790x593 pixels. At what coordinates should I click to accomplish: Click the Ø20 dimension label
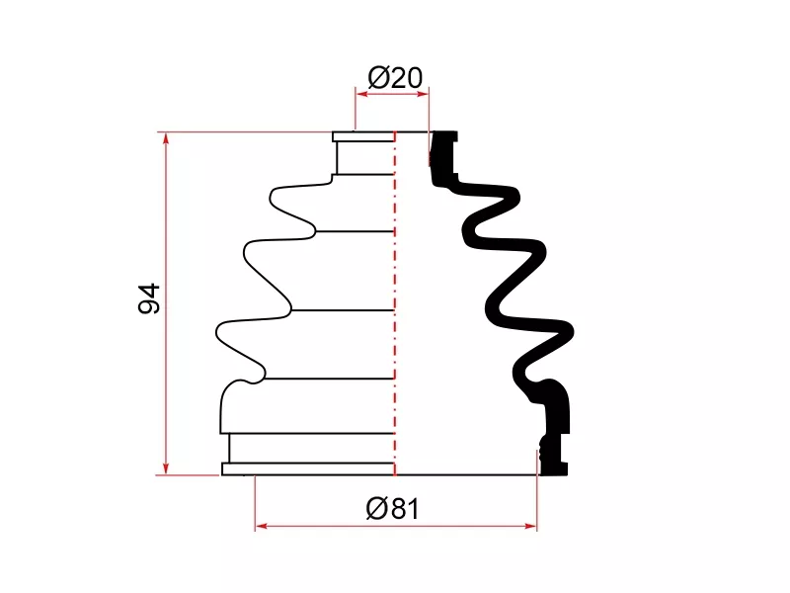[x=395, y=78]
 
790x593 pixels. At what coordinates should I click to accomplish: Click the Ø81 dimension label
[x=392, y=508]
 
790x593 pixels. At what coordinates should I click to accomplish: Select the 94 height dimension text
[x=149, y=298]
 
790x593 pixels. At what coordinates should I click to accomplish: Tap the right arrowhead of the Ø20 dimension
[x=423, y=93]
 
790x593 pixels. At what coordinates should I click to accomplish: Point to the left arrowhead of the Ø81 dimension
[x=262, y=527]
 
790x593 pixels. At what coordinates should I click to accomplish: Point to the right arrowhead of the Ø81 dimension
[x=530, y=527]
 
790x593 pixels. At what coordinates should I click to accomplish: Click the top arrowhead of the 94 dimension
[x=166, y=138]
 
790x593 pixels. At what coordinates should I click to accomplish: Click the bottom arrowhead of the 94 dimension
[x=166, y=468]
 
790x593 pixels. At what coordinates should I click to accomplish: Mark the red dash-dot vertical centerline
[x=394, y=303]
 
